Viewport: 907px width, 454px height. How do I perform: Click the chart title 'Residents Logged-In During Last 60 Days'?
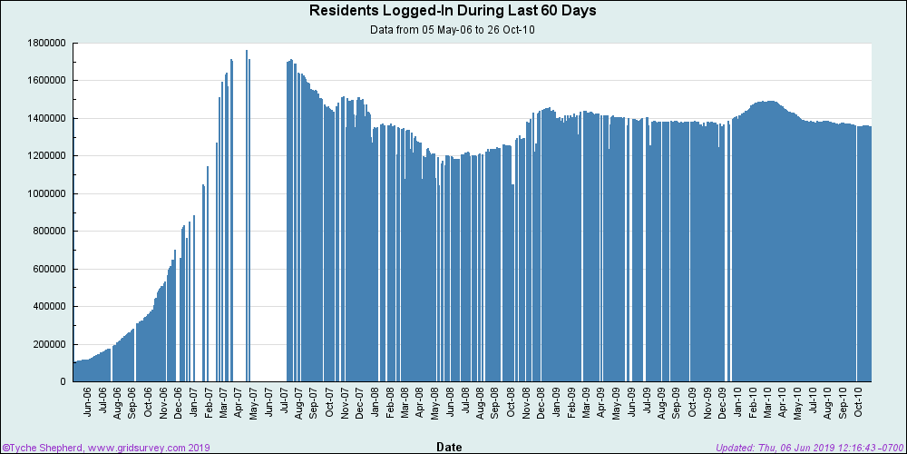coord(453,11)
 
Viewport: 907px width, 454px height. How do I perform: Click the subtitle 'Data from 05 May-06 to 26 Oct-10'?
coord(453,29)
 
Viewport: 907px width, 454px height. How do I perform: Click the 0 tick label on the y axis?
coord(63,382)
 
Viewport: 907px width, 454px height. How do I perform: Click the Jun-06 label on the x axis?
coord(88,403)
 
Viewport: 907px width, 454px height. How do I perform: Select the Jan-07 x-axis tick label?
coord(193,403)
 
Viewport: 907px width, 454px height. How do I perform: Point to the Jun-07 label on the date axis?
coord(268,403)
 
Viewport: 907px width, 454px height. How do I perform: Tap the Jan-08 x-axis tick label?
coord(375,403)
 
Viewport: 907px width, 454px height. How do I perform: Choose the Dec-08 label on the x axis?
coord(541,403)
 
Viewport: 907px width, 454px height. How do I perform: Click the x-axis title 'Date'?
coord(449,447)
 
